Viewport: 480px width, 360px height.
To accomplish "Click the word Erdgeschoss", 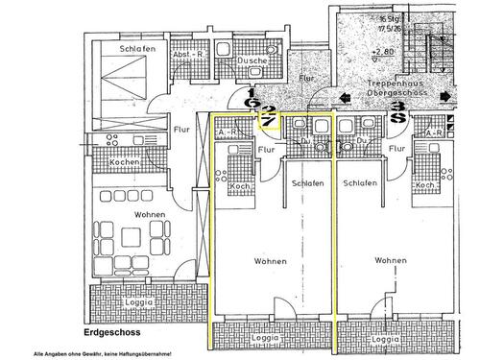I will click(113, 334).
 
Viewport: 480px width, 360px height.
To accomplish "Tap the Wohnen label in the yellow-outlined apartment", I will click(273, 260).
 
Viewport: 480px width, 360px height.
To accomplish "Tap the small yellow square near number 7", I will click(272, 120).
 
